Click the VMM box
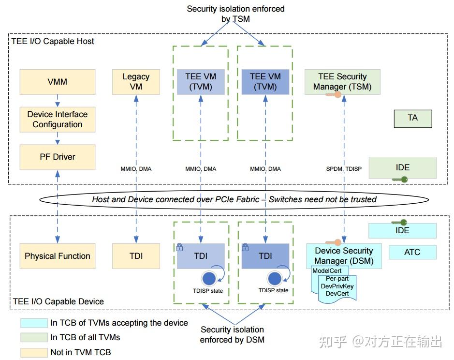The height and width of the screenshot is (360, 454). pyautogui.click(x=58, y=82)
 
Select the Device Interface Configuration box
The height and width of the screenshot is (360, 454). pyautogui.click(x=58, y=120)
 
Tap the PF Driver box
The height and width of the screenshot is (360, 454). pyautogui.click(x=58, y=157)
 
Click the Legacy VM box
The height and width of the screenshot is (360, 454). pyautogui.click(x=136, y=82)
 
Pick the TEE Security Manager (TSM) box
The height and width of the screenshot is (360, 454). pyautogui.click(x=342, y=82)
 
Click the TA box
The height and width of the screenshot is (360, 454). pyautogui.click(x=412, y=118)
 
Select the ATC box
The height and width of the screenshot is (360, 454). pyautogui.click(x=412, y=252)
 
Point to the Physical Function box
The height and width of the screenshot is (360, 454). pyautogui.click(x=58, y=256)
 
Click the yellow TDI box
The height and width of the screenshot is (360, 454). pyautogui.click(x=136, y=256)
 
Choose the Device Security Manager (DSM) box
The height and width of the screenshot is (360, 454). pyautogui.click(x=344, y=255)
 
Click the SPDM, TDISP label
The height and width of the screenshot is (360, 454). pyautogui.click(x=344, y=169)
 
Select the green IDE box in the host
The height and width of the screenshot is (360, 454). pyautogui.click(x=402, y=167)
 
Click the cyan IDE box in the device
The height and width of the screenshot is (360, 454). pyautogui.click(x=402, y=230)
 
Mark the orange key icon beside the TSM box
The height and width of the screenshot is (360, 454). pyautogui.click(x=334, y=95)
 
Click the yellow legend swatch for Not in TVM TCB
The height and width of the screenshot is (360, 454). pyautogui.click(x=33, y=352)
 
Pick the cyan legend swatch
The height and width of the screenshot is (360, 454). pyautogui.click(x=33, y=323)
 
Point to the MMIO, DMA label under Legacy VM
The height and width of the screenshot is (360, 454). pyautogui.click(x=136, y=169)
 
